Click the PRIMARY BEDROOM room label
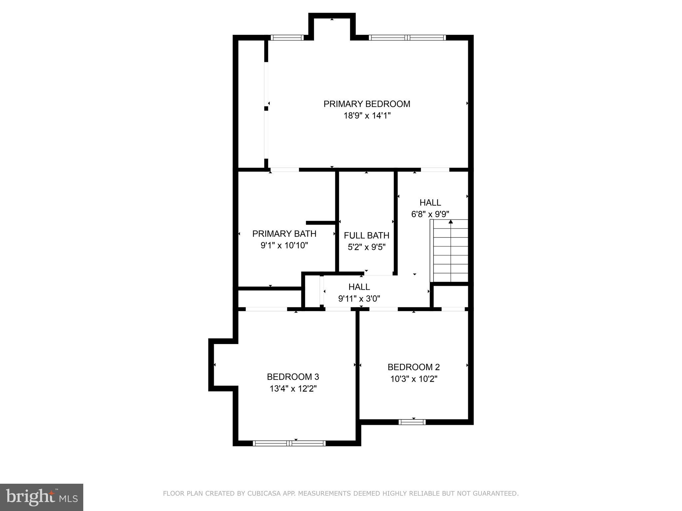coord(367,104)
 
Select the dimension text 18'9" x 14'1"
coord(367,116)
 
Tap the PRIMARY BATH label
coord(284,234)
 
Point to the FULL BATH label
coord(366,235)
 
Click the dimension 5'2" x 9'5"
coord(366,247)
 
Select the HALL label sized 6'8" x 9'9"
coord(430,202)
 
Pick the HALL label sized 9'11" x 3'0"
coord(359,286)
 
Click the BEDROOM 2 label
coord(414,367)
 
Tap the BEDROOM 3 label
coord(293,377)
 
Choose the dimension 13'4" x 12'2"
coord(293,389)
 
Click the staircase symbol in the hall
coord(450,251)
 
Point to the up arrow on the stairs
coord(451,222)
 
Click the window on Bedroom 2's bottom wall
coord(412,422)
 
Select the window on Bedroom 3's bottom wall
coord(289,443)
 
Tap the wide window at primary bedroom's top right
coord(407,38)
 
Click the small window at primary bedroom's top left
coord(287,38)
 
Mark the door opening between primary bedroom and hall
coord(435,170)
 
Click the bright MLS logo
coord(41,497)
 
